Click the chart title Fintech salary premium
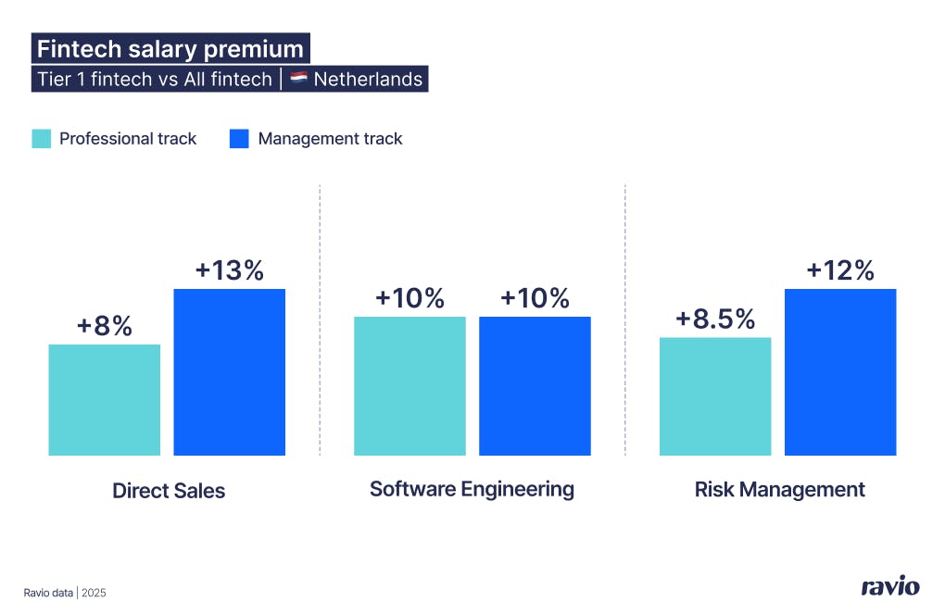(170, 48)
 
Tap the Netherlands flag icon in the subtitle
(299, 79)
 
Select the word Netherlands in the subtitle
(368, 79)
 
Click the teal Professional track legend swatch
(42, 139)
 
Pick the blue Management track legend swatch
(240, 139)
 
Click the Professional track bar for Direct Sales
(104, 399)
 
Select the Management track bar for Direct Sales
(229, 371)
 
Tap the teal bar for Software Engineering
(409, 385)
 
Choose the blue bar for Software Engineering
(535, 385)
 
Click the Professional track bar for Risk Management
(715, 395)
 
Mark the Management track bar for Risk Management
(840, 371)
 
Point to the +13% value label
(229, 270)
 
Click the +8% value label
(104, 326)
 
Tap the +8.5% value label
(715, 319)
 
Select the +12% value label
(840, 270)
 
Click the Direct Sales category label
(169, 490)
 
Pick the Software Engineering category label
(472, 488)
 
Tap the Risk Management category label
(779, 489)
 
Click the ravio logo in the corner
(889, 586)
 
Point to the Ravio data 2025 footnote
(65, 592)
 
